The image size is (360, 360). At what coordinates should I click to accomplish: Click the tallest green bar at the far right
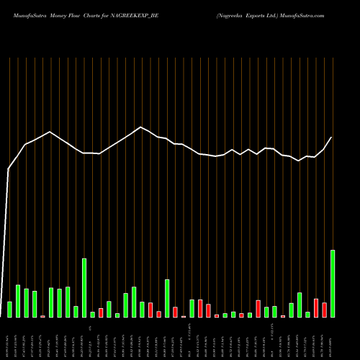click(333, 284)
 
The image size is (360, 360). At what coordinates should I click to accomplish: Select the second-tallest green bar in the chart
click(84, 288)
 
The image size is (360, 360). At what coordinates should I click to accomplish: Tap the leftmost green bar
click(9, 310)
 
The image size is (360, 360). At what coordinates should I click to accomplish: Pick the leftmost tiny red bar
click(42, 316)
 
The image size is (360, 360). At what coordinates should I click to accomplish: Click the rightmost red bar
click(324, 310)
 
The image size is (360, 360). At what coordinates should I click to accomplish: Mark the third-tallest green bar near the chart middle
click(167, 298)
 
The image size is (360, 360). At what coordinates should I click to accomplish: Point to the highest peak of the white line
click(142, 127)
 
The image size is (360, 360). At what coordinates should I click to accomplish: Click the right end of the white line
click(332, 137)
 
